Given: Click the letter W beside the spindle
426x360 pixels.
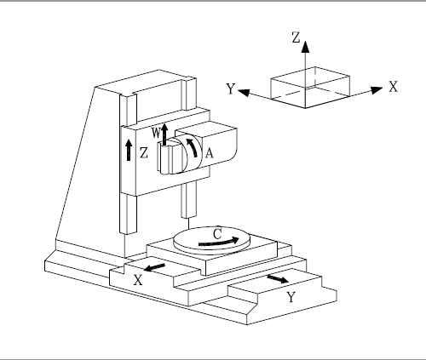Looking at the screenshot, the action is tap(156, 133).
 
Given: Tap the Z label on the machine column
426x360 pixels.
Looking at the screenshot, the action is tap(144, 153).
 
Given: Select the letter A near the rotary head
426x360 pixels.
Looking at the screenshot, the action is tap(209, 153).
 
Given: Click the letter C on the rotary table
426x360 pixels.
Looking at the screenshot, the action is tap(217, 234).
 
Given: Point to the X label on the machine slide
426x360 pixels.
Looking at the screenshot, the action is tap(138, 280).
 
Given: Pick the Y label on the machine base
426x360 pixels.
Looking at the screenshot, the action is tap(291, 297).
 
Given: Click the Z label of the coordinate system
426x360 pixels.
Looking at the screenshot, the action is tap(296, 37).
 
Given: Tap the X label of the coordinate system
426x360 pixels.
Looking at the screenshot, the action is tap(394, 87).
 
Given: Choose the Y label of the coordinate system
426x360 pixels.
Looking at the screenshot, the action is tap(231, 89).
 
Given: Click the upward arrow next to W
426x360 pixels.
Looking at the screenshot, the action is tap(164, 134).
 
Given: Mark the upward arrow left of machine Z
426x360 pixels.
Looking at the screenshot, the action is tap(129, 150).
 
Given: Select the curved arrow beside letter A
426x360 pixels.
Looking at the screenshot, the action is tap(193, 146).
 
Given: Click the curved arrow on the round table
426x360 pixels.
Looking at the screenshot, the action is tap(219, 242).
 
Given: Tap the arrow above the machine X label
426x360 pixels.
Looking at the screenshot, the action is tap(154, 267).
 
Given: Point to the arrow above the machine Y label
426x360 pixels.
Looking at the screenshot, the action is tap(278, 278).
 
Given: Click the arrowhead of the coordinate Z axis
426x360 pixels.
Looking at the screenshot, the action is tap(305, 47).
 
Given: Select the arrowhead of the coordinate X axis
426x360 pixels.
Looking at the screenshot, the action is tap(377, 90).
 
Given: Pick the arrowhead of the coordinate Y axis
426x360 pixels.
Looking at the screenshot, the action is tap(244, 93).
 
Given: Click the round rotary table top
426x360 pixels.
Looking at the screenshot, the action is tap(211, 237).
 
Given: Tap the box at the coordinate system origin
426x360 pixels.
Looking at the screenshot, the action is tap(310, 88).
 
